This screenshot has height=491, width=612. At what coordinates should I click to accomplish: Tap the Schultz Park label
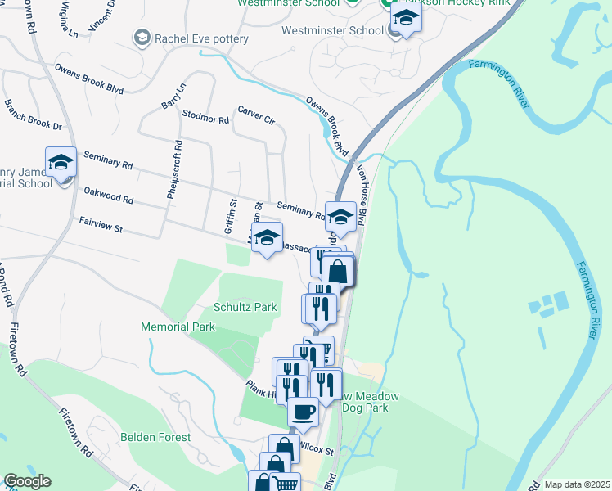(x=245, y=307)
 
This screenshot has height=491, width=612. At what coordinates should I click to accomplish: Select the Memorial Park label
(x=178, y=327)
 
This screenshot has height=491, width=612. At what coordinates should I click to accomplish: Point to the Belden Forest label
(x=155, y=438)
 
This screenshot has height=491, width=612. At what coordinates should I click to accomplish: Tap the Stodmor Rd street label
(x=206, y=119)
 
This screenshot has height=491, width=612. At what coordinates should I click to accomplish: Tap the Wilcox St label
(x=317, y=448)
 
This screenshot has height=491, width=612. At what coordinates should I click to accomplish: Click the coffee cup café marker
(x=304, y=412)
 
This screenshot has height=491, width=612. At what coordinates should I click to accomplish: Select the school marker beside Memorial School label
(x=61, y=163)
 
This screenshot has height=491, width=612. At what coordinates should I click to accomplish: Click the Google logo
(x=27, y=481)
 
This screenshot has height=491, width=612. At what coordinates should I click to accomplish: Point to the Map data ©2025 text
(x=576, y=484)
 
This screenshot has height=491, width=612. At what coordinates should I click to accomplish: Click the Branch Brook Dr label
(x=33, y=115)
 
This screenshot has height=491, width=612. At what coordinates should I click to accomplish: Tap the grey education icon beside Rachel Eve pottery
(x=142, y=38)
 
